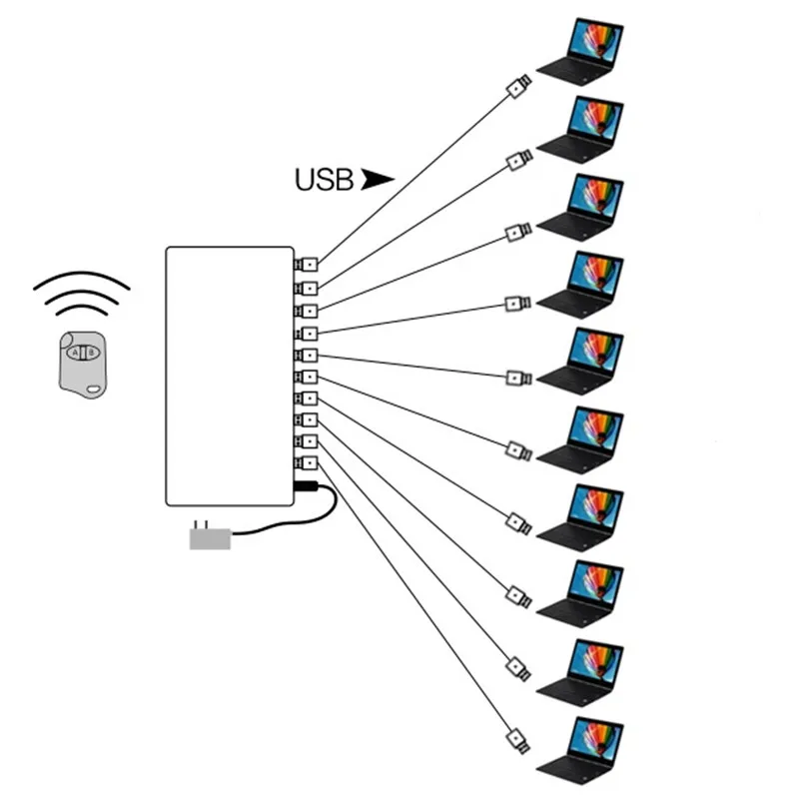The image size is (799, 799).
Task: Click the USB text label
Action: [x=324, y=180]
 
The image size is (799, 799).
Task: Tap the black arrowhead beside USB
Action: [x=378, y=179]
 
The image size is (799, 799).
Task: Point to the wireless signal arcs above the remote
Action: [x=82, y=290]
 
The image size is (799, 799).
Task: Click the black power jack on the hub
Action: [x=306, y=486]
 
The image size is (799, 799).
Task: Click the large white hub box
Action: [x=230, y=375]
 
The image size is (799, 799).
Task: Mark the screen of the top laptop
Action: [x=596, y=40]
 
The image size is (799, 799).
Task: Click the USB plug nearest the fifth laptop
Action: [x=517, y=378]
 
